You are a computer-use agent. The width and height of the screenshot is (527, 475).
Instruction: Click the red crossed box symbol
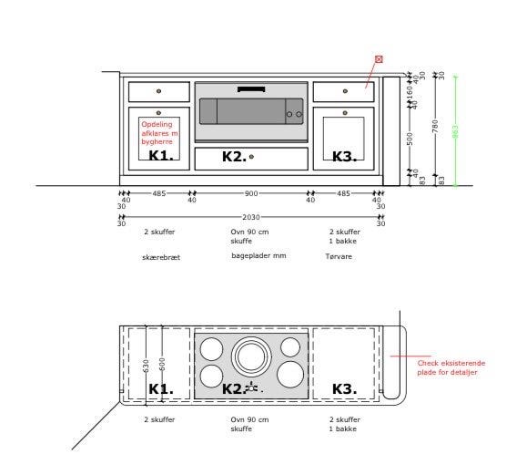pyautogui.click(x=379, y=59)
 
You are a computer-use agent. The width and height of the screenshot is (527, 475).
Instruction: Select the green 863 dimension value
pyautogui.click(x=455, y=132)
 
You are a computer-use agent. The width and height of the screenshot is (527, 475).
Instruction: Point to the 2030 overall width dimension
pyautogui.click(x=250, y=217)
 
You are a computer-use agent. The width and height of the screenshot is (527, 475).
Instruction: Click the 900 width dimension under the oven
pyautogui.click(x=250, y=193)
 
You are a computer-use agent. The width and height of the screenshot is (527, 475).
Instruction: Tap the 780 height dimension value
pyautogui.click(x=436, y=126)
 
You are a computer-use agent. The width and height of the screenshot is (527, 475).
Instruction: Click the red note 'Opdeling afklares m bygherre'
pyautogui.click(x=159, y=133)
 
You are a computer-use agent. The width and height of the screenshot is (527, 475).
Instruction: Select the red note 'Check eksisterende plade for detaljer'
pyautogui.click(x=451, y=367)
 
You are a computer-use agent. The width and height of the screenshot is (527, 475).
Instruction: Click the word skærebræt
pyautogui.click(x=161, y=257)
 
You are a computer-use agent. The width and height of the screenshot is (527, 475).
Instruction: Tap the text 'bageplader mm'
pyautogui.click(x=258, y=256)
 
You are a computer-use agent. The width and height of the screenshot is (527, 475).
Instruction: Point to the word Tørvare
pyautogui.click(x=339, y=257)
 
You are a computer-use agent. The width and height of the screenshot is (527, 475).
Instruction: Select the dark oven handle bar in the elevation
pyautogui.click(x=251, y=88)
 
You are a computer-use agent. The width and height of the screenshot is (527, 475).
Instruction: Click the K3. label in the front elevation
pyautogui.click(x=343, y=157)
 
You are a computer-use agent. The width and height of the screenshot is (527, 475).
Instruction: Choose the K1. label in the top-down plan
pyautogui.click(x=161, y=389)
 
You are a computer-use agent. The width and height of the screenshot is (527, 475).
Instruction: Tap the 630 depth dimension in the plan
pyautogui.click(x=146, y=366)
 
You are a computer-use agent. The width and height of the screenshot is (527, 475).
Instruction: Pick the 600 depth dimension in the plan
pyautogui.click(x=162, y=364)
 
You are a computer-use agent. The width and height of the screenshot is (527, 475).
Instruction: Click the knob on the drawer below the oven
pyautogui.click(x=251, y=157)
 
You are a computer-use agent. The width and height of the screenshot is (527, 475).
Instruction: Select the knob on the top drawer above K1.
pyautogui.click(x=158, y=91)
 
